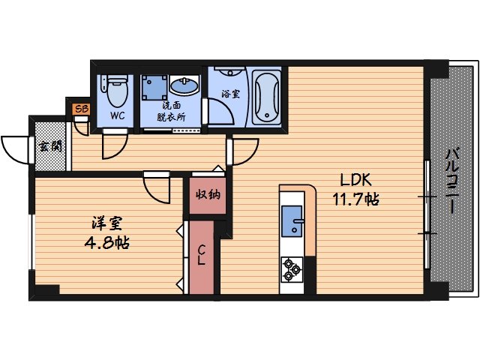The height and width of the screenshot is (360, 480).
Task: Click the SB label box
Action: coord(79,109)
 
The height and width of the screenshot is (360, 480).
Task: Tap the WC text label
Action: coord(117,116)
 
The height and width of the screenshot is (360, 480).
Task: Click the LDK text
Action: coord(356,181)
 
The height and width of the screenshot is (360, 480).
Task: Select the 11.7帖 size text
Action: coord(355,199)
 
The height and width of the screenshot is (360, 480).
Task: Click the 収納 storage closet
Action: coord(208,194)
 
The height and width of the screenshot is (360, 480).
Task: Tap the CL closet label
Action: coord(202,255)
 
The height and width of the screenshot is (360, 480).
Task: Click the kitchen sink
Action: coord(292,221)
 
